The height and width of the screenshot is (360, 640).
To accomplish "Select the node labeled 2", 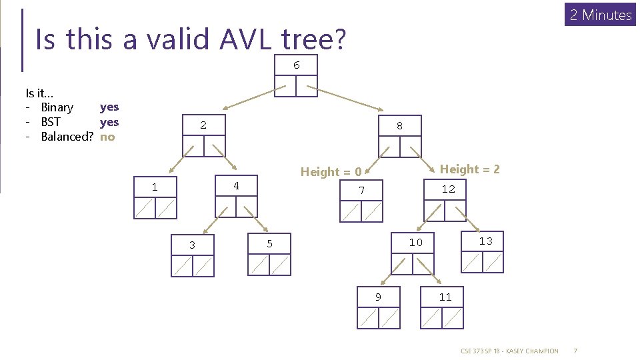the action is pyautogui.click(x=203, y=135).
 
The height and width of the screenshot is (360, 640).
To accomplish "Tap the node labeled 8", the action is pyautogui.click(x=399, y=135).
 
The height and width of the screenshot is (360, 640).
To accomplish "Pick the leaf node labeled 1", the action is pyautogui.click(x=155, y=197).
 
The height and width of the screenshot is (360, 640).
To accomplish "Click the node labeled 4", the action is pyautogui.click(x=236, y=196).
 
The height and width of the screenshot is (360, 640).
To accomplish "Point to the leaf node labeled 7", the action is pyautogui.click(x=361, y=201).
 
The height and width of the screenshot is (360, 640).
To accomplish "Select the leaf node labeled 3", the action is pyautogui.click(x=192, y=255).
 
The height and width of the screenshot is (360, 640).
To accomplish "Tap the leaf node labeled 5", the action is pyautogui.click(x=269, y=254).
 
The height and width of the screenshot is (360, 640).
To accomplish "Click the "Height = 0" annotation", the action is pyautogui.click(x=331, y=172).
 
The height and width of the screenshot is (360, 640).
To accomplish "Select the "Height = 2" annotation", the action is pyautogui.click(x=469, y=169).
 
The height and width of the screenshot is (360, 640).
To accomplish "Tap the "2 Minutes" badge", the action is pyautogui.click(x=601, y=15).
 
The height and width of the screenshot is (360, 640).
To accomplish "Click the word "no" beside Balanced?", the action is pyautogui.click(x=107, y=137).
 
